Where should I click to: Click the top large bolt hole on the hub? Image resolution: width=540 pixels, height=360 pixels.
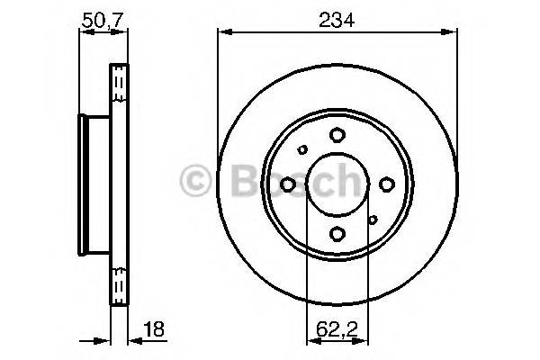[x=337, y=135]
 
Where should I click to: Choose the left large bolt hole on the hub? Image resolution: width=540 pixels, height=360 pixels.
[x=288, y=184]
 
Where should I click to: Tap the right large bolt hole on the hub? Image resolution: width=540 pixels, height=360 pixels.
[x=386, y=184]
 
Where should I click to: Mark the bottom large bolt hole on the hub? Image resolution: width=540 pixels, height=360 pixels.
[x=337, y=234]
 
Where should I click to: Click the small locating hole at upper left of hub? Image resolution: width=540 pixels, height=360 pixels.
[x=303, y=150]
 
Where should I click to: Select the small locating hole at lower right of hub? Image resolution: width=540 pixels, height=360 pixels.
[x=372, y=219]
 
